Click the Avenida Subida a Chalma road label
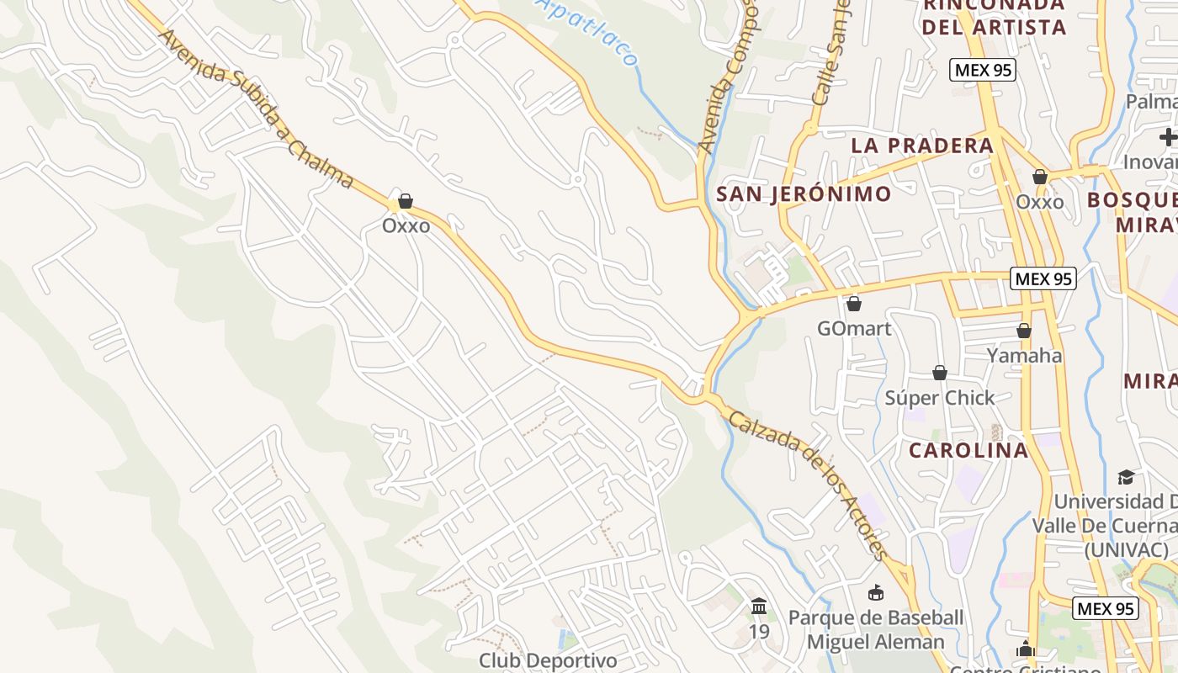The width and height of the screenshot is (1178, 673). click(256, 109)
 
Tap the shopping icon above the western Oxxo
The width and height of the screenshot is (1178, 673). click(406, 201)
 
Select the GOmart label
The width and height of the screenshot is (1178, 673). click(854, 328)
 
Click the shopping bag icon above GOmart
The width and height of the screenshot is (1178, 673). click(854, 304)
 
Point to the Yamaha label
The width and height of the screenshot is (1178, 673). click(1024, 355)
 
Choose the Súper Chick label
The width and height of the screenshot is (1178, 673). click(940, 397)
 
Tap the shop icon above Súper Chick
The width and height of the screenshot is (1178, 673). click(940, 373)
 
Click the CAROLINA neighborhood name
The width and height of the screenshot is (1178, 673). click(968, 450)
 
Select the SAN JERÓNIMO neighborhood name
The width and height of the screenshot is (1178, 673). click(804, 194)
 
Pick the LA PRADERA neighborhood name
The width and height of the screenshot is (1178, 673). click(923, 145)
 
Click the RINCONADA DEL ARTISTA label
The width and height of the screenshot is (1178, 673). click(994, 16)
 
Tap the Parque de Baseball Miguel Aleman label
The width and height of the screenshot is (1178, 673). click(876, 630)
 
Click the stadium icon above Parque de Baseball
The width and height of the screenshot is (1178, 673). click(876, 593)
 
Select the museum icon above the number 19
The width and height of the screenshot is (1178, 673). click(759, 606)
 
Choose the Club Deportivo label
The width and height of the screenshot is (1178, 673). click(548, 660)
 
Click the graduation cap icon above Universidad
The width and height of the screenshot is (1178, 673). click(1126, 478)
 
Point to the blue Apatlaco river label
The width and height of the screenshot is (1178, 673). click(589, 31)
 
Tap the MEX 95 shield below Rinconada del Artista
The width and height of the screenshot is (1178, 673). click(983, 70)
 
